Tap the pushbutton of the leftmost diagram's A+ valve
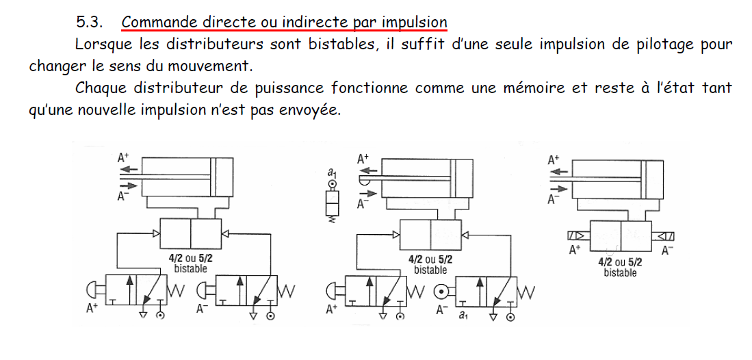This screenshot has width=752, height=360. click(x=94, y=290)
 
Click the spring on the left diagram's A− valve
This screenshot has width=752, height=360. click(x=287, y=290)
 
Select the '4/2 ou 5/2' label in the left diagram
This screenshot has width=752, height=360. click(x=190, y=258)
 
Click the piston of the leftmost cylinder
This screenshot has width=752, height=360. click(x=213, y=176)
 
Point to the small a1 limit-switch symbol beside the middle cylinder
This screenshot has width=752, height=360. click(x=331, y=197)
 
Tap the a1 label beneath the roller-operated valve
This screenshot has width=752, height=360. click(x=463, y=316)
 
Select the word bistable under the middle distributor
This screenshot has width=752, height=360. click(x=430, y=270)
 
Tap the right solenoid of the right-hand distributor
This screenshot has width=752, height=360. click(x=664, y=236)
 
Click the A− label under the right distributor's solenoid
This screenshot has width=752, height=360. click(x=667, y=250)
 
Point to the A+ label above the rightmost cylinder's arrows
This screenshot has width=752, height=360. click(x=554, y=161)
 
